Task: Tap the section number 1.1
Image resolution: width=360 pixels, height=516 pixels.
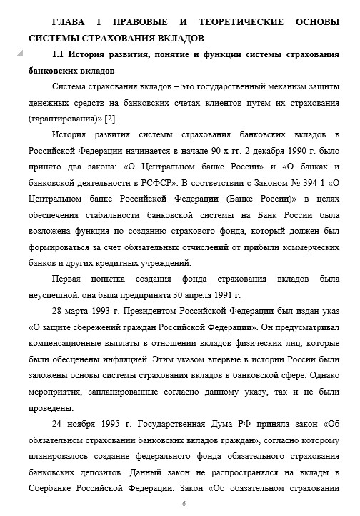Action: (59, 56)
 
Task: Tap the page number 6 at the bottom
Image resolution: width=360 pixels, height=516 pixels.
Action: (184, 504)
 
